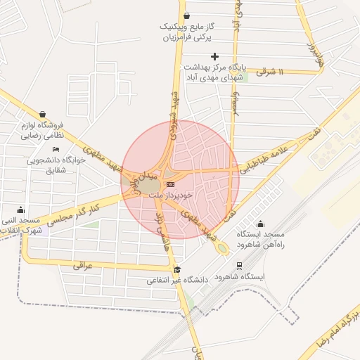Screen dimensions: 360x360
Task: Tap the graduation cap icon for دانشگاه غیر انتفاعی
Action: [177, 269]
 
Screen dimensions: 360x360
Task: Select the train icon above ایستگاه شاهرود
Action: [240, 266]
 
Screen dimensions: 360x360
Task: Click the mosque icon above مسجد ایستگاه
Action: [261, 224]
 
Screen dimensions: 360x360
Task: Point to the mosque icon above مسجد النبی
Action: [20, 210]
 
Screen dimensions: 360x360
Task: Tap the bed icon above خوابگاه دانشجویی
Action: [56, 149]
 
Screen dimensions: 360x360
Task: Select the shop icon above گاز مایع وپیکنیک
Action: [186, 16]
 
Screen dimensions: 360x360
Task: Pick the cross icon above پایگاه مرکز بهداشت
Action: [214, 56]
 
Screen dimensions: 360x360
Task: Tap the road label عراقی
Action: [82, 265]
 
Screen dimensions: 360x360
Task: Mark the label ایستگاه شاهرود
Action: [242, 277]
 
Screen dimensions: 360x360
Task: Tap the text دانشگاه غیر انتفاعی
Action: [179, 280]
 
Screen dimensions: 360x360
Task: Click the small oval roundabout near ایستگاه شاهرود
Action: [222, 248]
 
